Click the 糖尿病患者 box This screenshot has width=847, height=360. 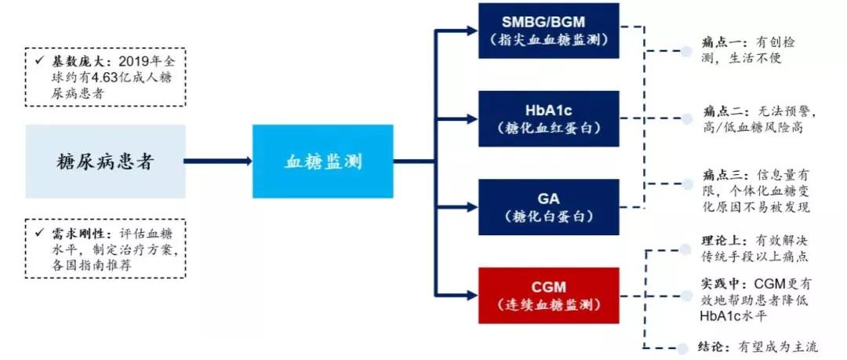click(106, 162)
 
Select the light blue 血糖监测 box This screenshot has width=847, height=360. click(322, 161)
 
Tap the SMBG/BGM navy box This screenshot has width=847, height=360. click(548, 30)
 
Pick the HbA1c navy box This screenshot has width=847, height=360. click(548, 118)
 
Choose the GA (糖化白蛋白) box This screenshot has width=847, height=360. click(548, 206)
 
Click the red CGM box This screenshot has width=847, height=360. click(548, 295)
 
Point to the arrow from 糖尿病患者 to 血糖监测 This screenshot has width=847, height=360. click(219, 161)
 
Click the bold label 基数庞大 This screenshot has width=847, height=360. click(71, 61)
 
